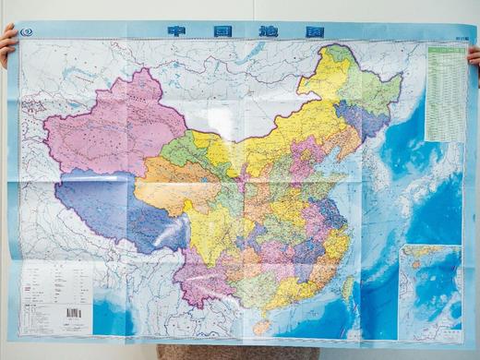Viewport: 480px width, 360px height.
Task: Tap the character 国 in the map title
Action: pyautogui.click(x=209, y=30)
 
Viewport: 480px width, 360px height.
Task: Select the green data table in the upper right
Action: pyautogui.click(x=445, y=92)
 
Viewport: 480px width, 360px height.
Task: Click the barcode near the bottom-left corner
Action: pyautogui.click(x=73, y=315)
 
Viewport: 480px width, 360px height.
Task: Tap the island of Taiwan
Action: pyautogui.click(x=347, y=287)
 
